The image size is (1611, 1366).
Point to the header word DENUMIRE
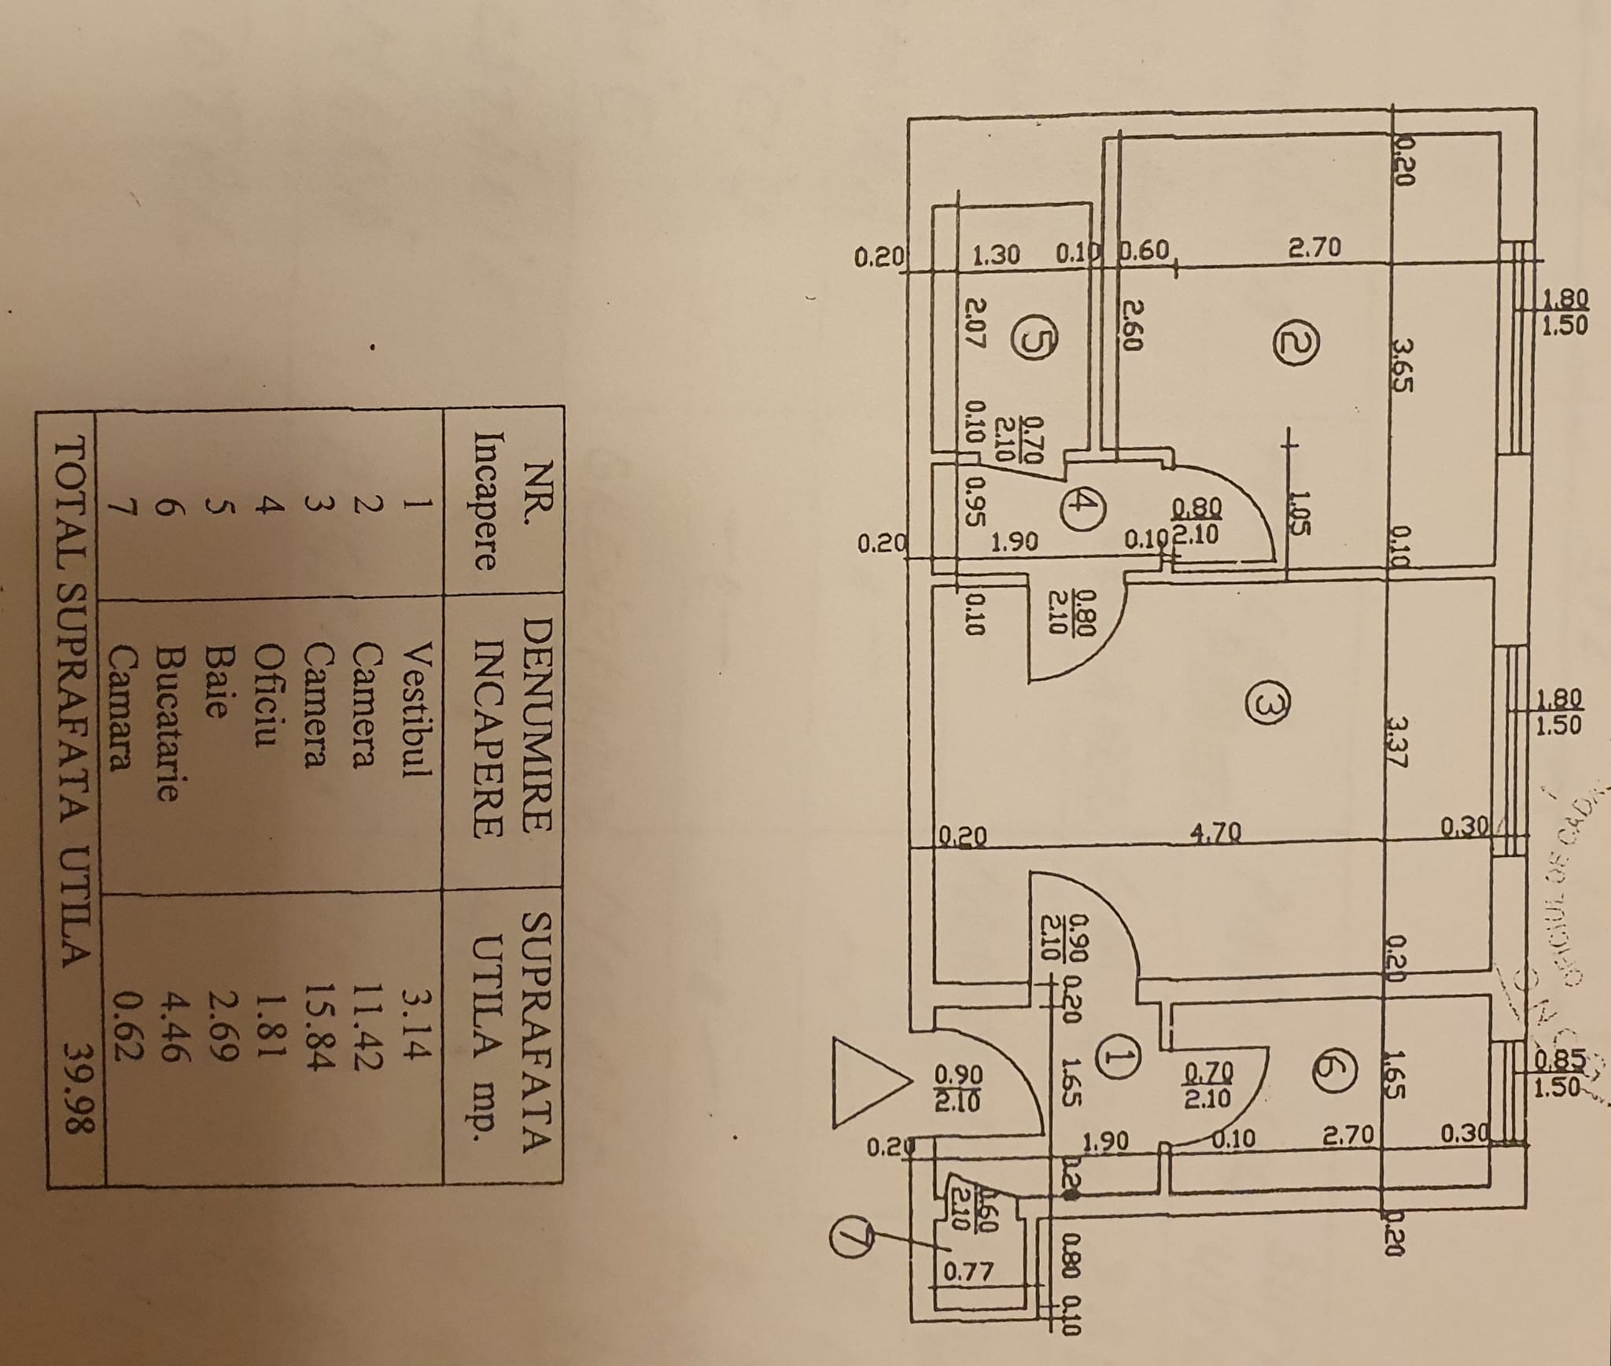pos(538,722)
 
